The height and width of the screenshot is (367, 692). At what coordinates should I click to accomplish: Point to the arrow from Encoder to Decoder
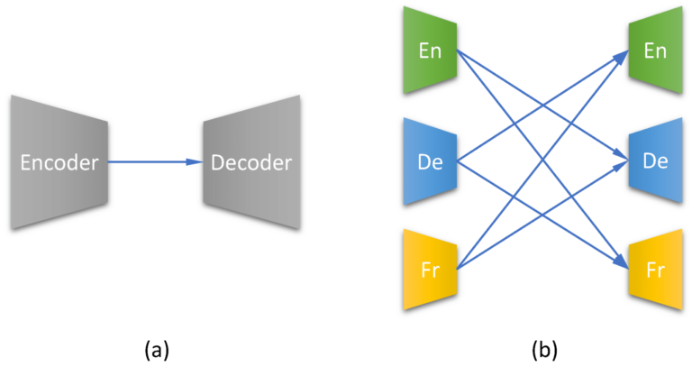click(149, 162)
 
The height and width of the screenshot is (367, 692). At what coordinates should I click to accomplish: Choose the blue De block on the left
click(431, 162)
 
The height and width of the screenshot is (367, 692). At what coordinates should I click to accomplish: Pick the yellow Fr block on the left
click(431, 270)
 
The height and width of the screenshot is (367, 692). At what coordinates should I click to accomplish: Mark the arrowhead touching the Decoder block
click(194, 162)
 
